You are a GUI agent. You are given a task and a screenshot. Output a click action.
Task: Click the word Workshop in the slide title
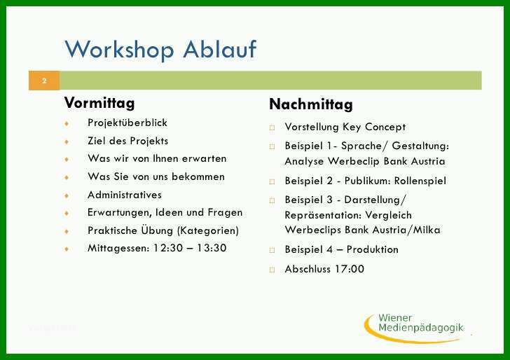[x=119, y=50]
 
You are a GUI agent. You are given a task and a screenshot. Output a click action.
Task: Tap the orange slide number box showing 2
[x=44, y=81]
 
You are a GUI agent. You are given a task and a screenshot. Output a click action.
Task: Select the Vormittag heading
[x=99, y=104]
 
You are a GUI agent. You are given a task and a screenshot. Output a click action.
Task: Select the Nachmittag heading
[x=311, y=104]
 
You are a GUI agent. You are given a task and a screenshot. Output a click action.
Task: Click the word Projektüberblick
[x=127, y=123]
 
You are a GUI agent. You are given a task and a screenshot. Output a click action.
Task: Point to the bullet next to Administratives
[x=67, y=195]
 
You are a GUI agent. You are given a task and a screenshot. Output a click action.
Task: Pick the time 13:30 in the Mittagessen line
[x=212, y=248]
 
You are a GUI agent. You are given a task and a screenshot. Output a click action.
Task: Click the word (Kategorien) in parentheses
[x=208, y=230]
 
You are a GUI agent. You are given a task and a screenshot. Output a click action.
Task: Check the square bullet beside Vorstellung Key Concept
[x=272, y=127]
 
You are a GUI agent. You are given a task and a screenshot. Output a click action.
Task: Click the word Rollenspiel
[x=420, y=181]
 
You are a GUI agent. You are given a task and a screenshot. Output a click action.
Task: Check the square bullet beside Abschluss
[x=272, y=270]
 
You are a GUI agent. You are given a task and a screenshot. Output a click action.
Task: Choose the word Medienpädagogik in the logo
[x=421, y=328]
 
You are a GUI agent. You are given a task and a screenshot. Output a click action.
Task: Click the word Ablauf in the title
[x=220, y=50]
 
